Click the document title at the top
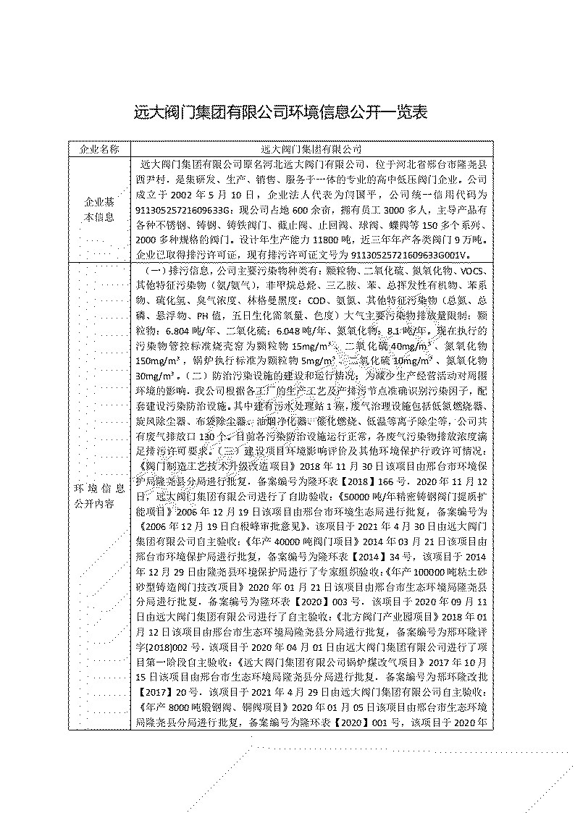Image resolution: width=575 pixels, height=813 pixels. [282, 112]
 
